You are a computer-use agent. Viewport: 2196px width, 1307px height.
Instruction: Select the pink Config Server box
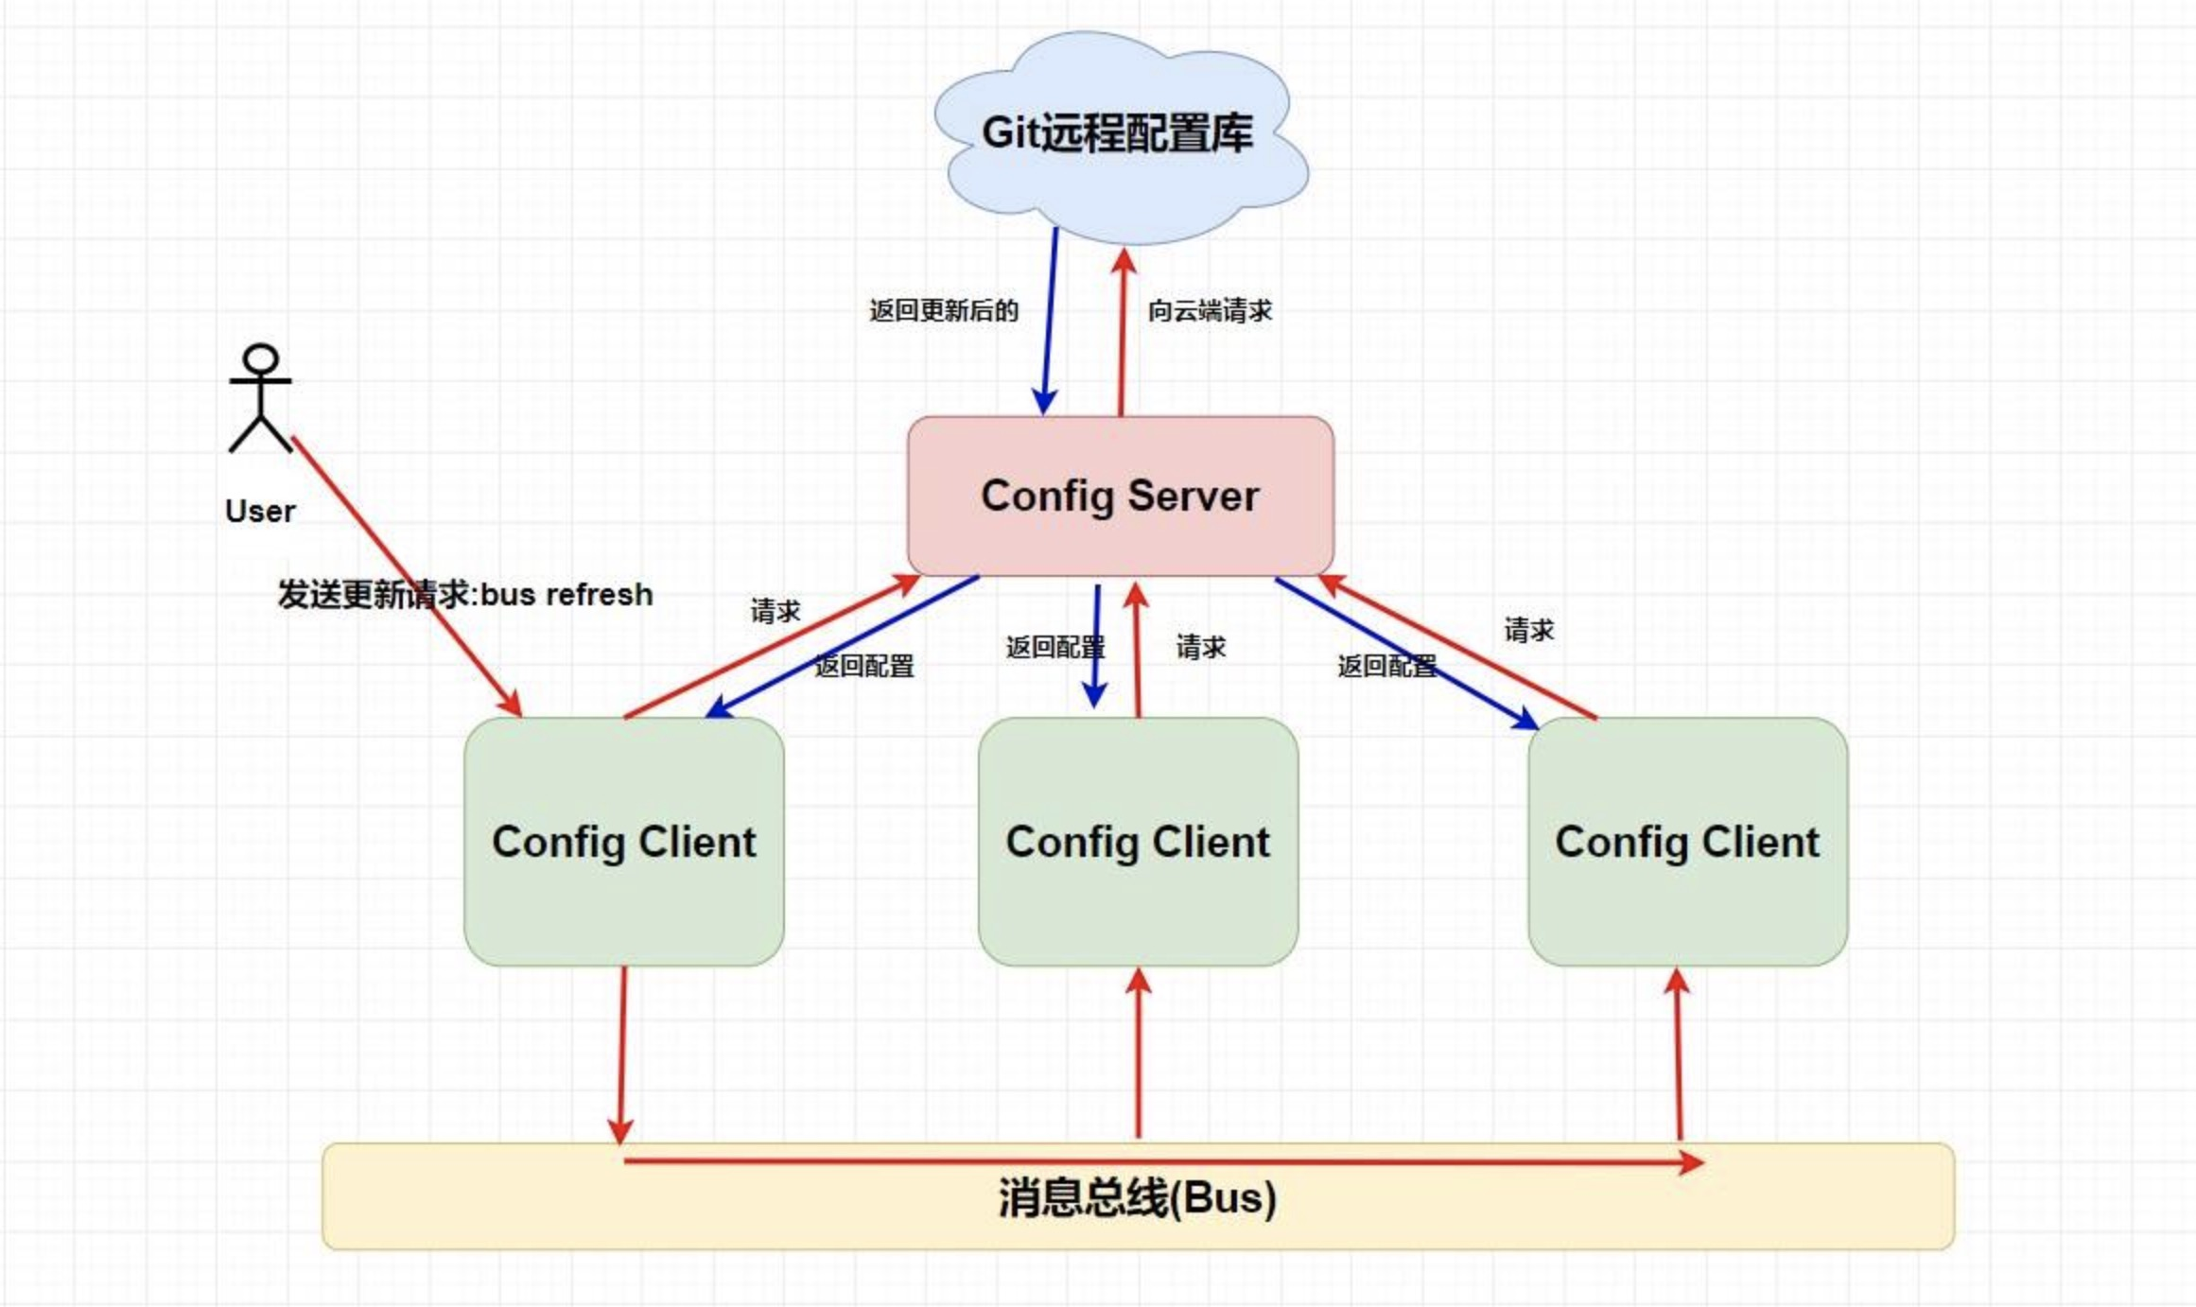(x=1120, y=496)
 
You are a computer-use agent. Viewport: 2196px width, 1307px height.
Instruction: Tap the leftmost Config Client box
(x=623, y=842)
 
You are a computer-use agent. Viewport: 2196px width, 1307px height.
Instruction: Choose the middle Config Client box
(x=1138, y=842)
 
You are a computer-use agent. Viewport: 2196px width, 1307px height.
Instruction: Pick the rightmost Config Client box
(x=1687, y=842)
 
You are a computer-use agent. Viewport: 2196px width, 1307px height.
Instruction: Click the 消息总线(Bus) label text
(x=1137, y=1197)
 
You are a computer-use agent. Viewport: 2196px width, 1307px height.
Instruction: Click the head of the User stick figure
(x=260, y=360)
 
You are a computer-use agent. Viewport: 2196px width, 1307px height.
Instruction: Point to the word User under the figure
(x=260, y=512)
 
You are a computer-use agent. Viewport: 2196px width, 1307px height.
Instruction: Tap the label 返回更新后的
(x=943, y=310)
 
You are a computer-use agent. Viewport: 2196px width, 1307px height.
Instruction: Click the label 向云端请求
(x=1210, y=310)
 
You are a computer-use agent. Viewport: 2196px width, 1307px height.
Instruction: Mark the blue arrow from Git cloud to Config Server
(x=1050, y=322)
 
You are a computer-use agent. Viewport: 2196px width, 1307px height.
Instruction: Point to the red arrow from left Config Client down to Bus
(x=622, y=1050)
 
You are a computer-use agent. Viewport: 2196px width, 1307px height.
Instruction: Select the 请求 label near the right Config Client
(x=1528, y=630)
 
